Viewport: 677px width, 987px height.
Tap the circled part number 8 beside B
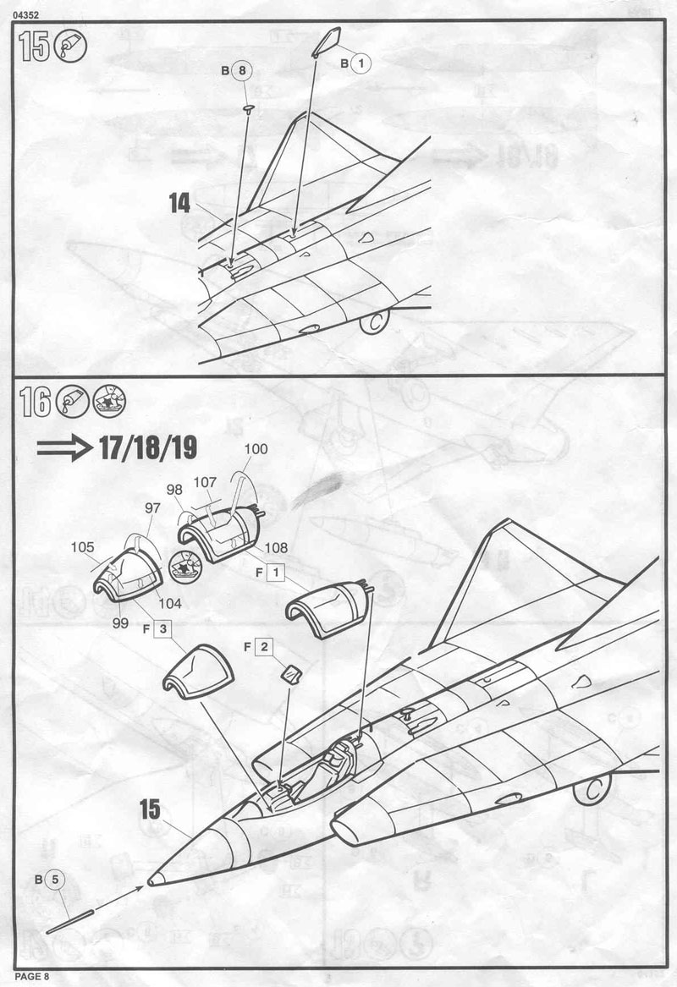(x=242, y=71)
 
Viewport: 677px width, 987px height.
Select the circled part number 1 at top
(x=361, y=63)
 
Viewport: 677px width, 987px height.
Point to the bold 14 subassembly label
(x=179, y=204)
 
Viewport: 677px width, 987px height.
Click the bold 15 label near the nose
(x=150, y=809)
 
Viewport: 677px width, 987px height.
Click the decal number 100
(x=256, y=449)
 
